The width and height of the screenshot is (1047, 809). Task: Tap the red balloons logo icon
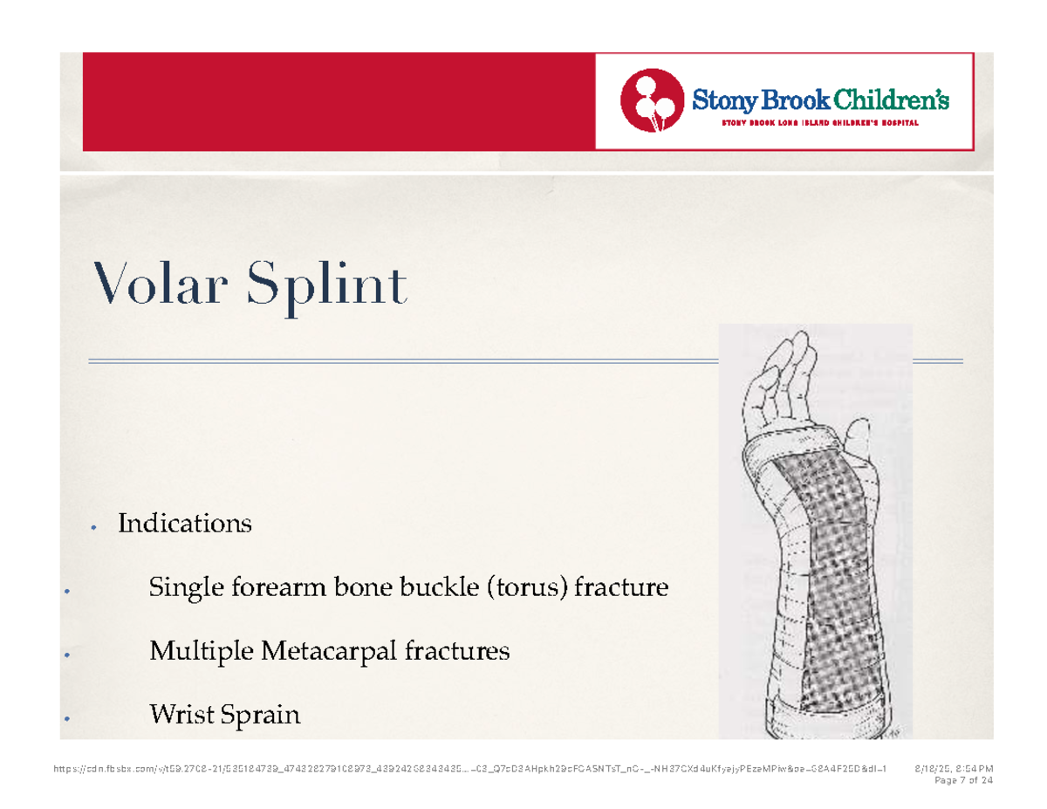(x=650, y=100)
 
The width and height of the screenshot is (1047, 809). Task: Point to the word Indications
(x=185, y=524)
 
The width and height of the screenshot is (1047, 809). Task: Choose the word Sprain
(x=261, y=716)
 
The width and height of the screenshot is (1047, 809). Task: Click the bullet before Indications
(x=92, y=527)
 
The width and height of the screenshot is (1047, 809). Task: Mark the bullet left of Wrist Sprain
(x=66, y=721)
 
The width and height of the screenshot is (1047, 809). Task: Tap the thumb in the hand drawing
(x=859, y=434)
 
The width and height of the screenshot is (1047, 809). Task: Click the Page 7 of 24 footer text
(x=963, y=779)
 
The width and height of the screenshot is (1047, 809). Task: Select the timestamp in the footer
(x=953, y=769)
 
